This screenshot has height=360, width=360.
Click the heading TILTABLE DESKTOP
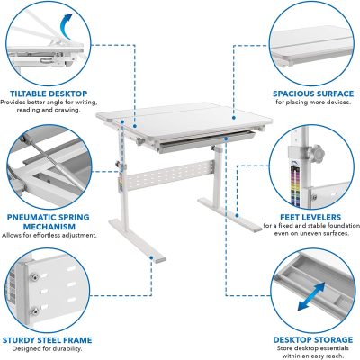tap(49, 92)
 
